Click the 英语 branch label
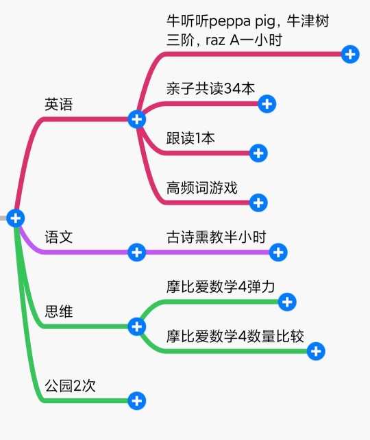pyautogui.click(x=59, y=104)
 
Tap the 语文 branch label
pyautogui.click(x=59, y=237)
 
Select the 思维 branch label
pyautogui.click(x=59, y=311)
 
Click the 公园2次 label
pyautogui.click(x=71, y=385)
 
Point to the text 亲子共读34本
pyautogui.click(x=210, y=89)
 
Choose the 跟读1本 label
pyautogui.click(x=190, y=138)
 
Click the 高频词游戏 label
pyautogui.click(x=201, y=187)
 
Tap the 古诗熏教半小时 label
pyautogui.click(x=216, y=237)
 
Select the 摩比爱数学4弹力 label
pyautogui.click(x=221, y=287)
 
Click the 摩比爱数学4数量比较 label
pyautogui.click(x=235, y=336)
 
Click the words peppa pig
pyautogui.click(x=242, y=22)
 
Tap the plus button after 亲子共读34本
pyautogui.click(x=267, y=104)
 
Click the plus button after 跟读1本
pyautogui.click(x=258, y=153)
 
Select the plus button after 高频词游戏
pyautogui.click(x=258, y=203)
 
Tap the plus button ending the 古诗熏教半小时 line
pyautogui.click(x=278, y=253)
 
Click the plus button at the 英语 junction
pyautogui.click(x=137, y=119)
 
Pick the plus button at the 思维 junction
pyautogui.click(x=137, y=326)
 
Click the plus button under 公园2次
pyautogui.click(x=137, y=401)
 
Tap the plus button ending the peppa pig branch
pyautogui.click(x=350, y=54)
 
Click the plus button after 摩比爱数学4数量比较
pyautogui.click(x=316, y=351)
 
